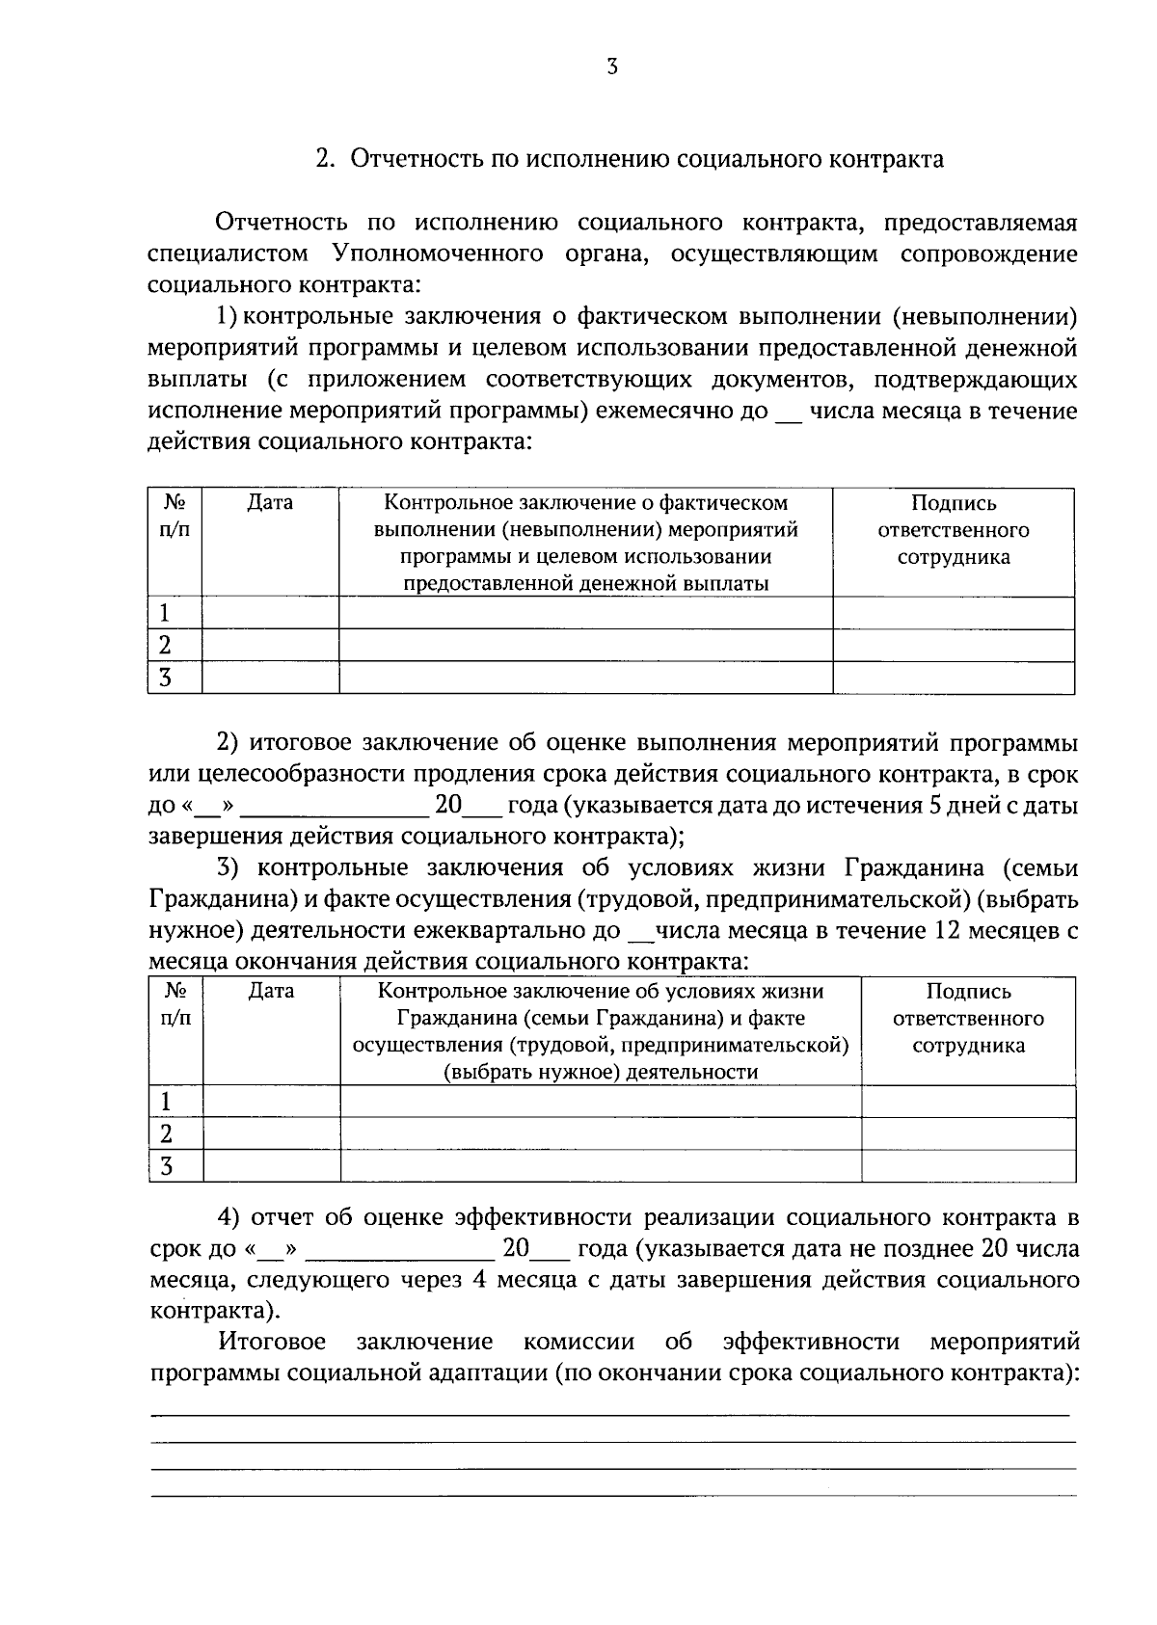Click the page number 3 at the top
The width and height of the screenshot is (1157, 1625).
coord(611,67)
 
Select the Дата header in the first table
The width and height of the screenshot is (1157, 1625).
coord(270,502)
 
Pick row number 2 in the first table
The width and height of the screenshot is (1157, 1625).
coord(165,645)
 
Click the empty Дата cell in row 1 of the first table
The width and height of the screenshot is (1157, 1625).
coord(270,613)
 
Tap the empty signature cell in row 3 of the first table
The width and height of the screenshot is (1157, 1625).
coord(954,678)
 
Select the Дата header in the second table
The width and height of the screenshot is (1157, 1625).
coord(271,991)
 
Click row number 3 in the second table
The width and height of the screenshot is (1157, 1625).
coord(166,1166)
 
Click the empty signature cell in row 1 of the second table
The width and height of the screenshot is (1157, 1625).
coord(968,1102)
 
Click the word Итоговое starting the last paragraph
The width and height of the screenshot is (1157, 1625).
coord(272,1342)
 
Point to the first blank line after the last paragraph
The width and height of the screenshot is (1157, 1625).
coord(611,1414)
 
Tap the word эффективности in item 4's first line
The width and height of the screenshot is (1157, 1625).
coord(542,1217)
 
